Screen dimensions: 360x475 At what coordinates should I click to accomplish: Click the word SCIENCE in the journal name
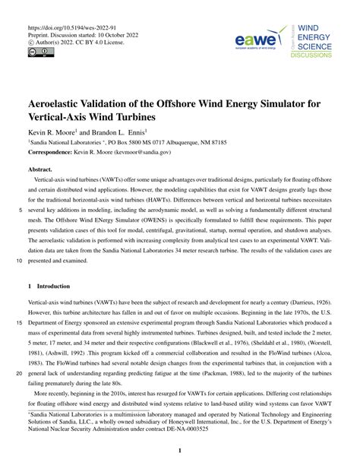320,46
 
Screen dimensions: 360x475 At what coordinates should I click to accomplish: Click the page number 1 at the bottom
179,451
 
